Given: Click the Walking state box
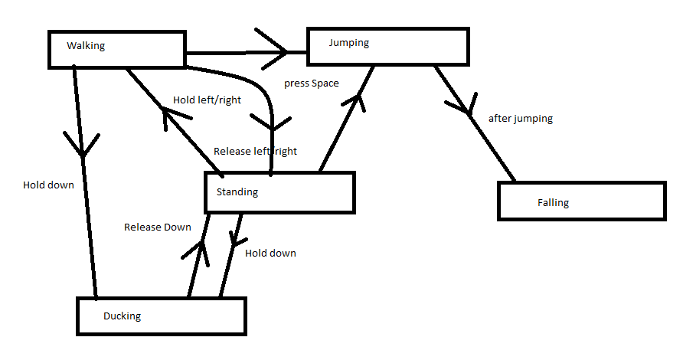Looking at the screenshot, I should tap(116, 48).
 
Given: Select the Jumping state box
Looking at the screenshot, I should tap(387, 46).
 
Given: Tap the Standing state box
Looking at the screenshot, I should tap(279, 192).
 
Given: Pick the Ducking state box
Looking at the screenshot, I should tap(161, 316).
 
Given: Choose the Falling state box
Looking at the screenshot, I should tap(581, 202).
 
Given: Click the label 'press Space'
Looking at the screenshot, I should tap(311, 83).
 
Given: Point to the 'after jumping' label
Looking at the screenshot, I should tap(521, 119).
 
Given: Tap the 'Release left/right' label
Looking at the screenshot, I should tap(255, 151).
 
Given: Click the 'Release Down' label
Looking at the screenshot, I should tap(158, 227).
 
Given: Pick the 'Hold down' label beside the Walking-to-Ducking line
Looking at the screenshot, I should tap(48, 185).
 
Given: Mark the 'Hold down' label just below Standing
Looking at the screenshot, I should tap(270, 253).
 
